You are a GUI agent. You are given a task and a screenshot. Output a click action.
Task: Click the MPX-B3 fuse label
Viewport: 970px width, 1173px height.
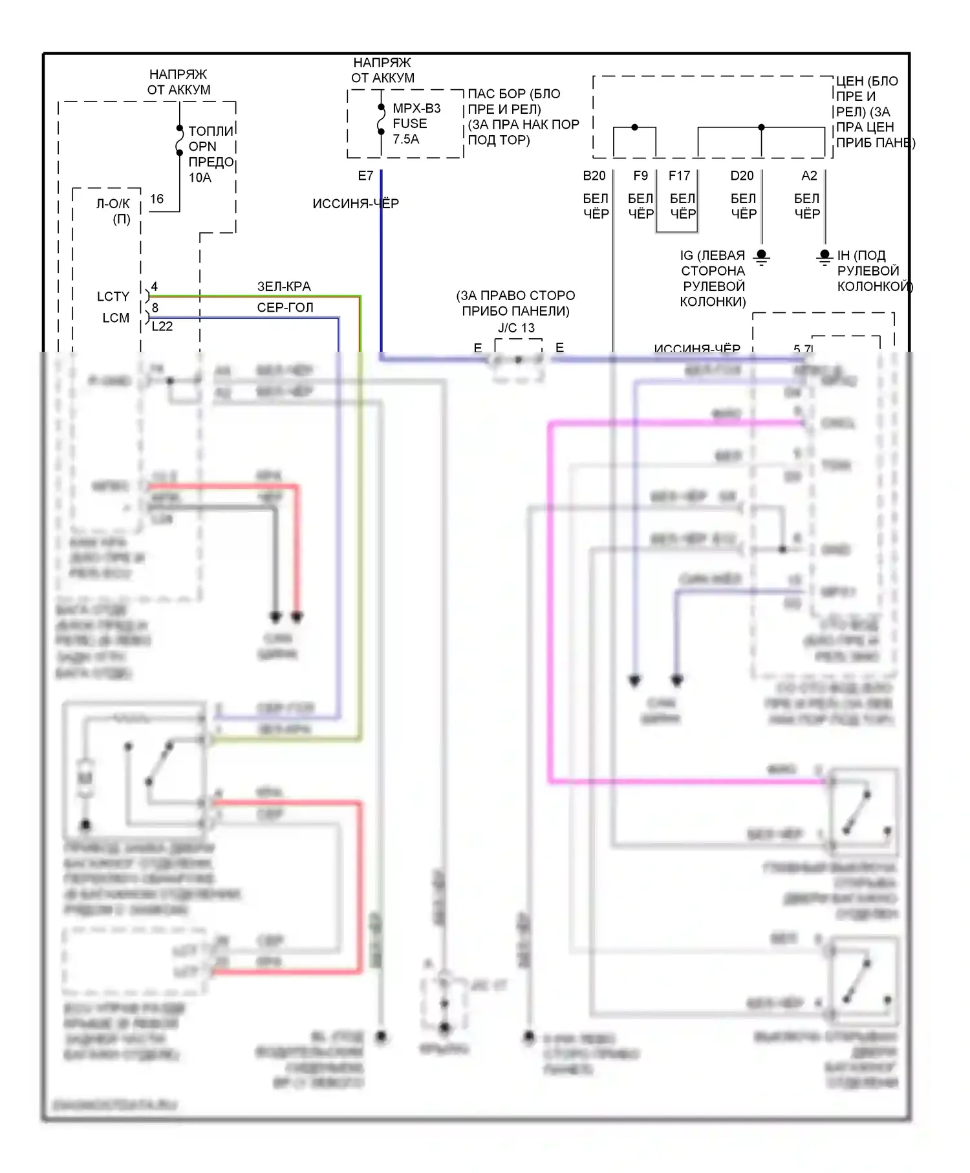tap(416, 109)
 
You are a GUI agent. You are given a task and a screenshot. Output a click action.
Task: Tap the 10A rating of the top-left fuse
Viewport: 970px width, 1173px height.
tap(200, 177)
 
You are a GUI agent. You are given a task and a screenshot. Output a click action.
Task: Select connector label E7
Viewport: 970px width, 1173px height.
tap(365, 176)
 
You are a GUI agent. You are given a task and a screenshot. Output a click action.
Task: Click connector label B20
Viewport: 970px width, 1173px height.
tap(594, 176)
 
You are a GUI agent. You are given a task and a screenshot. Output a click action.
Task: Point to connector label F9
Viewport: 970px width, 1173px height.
tap(640, 176)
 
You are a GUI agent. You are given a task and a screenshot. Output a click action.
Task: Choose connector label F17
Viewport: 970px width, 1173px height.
tap(679, 176)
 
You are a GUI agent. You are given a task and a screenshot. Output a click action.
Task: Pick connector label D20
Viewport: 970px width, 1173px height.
tap(742, 176)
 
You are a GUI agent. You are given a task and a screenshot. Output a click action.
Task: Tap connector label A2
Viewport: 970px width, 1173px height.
tap(809, 176)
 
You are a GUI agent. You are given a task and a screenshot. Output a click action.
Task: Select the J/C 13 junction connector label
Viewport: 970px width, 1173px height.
tap(516, 328)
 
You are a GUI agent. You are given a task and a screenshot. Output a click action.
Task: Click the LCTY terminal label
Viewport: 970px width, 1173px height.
tap(113, 297)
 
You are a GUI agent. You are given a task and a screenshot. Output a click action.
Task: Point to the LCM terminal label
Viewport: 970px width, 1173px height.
tap(116, 318)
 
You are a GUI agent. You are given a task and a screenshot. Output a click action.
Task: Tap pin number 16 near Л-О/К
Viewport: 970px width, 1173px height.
tap(156, 199)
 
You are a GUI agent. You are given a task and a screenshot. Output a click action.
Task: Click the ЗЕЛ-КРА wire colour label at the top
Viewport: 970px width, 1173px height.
tap(284, 286)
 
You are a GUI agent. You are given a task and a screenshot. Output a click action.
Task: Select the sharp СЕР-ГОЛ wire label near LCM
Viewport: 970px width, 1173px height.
tap(285, 308)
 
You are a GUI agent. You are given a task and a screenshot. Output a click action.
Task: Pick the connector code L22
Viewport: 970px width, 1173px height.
tap(162, 327)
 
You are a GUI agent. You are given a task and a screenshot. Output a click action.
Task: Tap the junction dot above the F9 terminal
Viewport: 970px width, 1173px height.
tap(634, 127)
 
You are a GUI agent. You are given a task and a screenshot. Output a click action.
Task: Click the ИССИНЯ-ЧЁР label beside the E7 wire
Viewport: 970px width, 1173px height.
tap(356, 204)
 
